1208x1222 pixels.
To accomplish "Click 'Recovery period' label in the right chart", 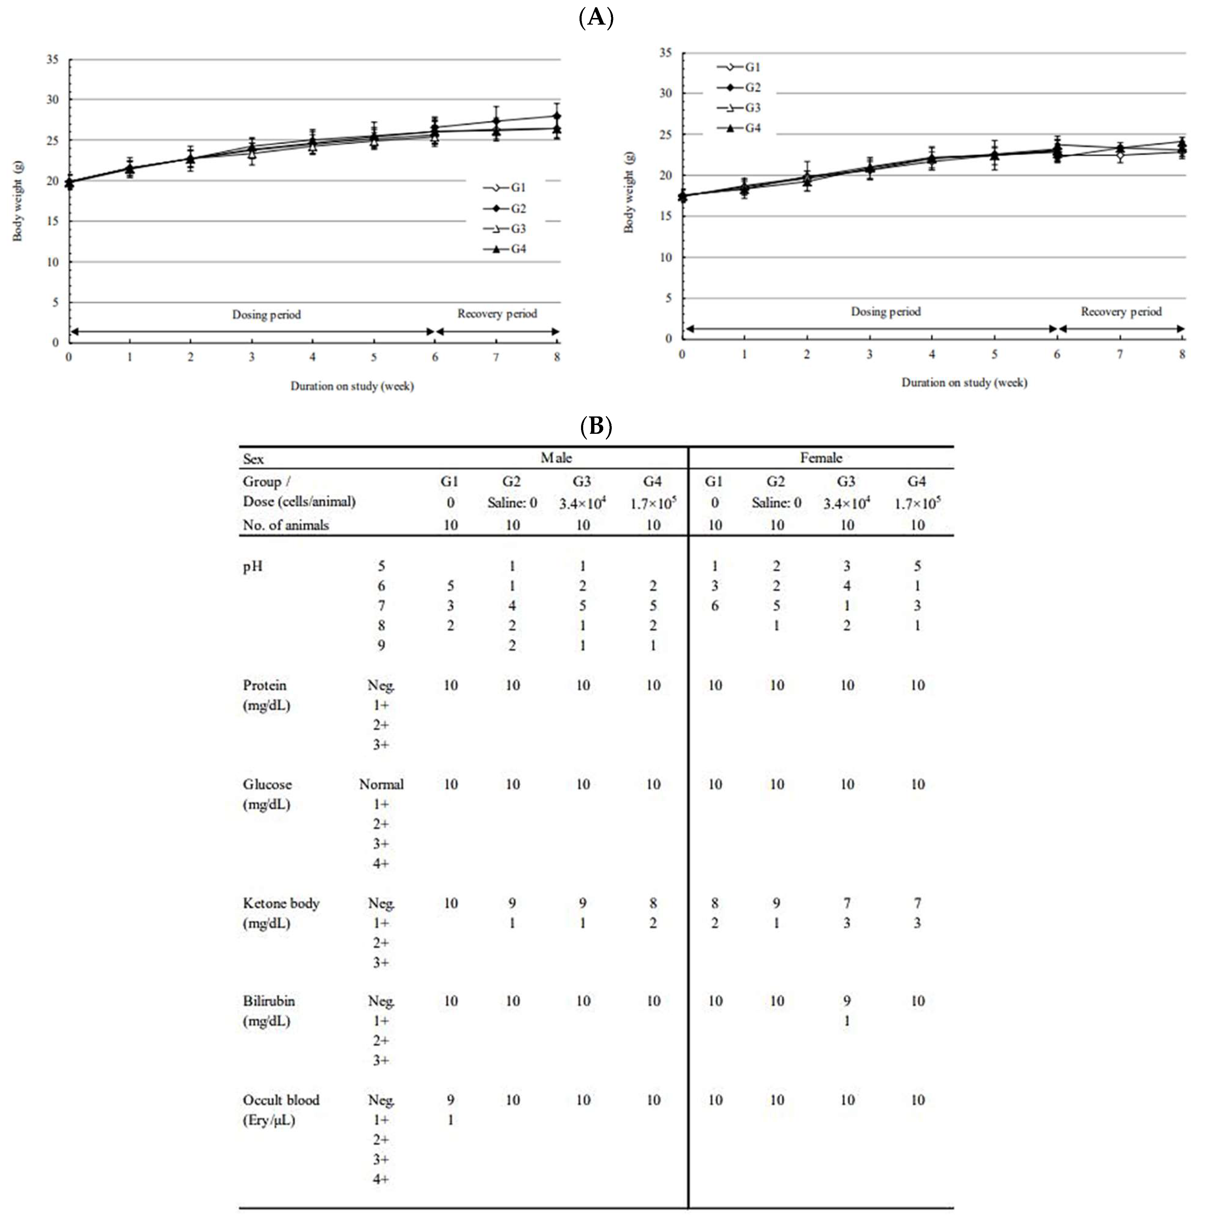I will click(x=1121, y=311).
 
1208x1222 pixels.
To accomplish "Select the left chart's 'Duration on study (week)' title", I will click(x=352, y=386).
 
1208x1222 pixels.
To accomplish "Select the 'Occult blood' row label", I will click(x=281, y=1100).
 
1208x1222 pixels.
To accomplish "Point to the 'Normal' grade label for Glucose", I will click(x=381, y=784).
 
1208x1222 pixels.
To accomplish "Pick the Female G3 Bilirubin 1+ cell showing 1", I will click(x=847, y=1021).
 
